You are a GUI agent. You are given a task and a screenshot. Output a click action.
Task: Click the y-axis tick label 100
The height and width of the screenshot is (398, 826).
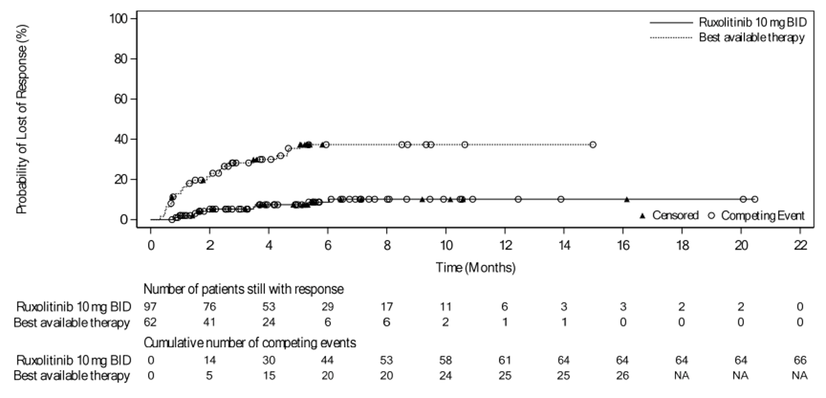(x=119, y=19)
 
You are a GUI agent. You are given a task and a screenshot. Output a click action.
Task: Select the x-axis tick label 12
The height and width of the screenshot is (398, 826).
(x=505, y=245)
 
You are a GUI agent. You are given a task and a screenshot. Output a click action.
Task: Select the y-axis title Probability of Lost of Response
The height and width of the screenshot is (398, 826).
(x=22, y=119)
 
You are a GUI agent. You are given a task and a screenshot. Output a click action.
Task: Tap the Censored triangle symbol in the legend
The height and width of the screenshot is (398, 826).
(x=642, y=215)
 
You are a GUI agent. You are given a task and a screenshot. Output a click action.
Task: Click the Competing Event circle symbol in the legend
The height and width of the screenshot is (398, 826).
(x=711, y=215)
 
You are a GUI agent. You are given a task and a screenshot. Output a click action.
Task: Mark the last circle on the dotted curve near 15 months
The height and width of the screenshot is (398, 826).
(x=593, y=145)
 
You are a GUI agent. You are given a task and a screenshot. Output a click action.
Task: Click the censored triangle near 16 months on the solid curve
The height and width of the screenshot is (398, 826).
(x=627, y=199)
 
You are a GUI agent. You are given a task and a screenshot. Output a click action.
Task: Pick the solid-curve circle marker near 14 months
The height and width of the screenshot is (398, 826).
(x=561, y=199)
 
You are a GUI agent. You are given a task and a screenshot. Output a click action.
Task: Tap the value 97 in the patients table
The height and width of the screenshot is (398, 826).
(x=151, y=307)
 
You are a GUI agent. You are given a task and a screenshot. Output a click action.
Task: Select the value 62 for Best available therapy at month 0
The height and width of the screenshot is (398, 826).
(x=151, y=323)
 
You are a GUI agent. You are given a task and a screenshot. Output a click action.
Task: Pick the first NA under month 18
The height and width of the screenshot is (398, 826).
(x=682, y=360)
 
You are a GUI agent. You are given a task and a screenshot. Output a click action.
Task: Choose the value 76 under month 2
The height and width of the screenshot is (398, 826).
(x=209, y=307)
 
